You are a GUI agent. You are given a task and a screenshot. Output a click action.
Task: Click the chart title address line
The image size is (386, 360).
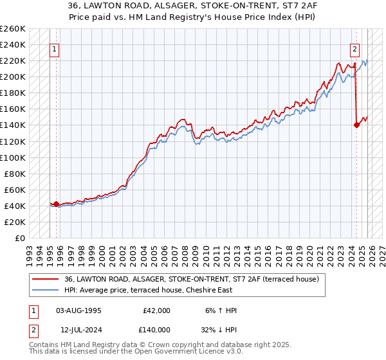193,6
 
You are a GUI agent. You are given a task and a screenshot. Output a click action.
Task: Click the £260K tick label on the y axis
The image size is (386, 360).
13,29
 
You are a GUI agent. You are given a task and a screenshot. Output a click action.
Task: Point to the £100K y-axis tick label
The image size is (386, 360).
13,157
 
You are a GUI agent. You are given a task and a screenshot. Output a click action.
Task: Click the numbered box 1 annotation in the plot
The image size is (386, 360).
55,49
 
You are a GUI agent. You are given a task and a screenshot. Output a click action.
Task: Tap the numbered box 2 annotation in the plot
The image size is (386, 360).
354,49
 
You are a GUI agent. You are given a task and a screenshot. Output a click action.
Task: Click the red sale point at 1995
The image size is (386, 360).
56,204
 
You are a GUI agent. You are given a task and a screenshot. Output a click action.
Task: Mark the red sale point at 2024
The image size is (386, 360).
356,125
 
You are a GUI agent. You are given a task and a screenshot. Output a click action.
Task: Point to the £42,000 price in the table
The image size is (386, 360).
156,310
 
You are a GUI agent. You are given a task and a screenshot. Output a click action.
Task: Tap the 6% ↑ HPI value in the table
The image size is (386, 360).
221,310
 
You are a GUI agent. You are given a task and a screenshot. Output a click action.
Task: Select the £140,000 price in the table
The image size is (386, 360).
156,329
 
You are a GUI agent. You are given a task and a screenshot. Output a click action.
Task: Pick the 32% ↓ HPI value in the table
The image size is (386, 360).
221,329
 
